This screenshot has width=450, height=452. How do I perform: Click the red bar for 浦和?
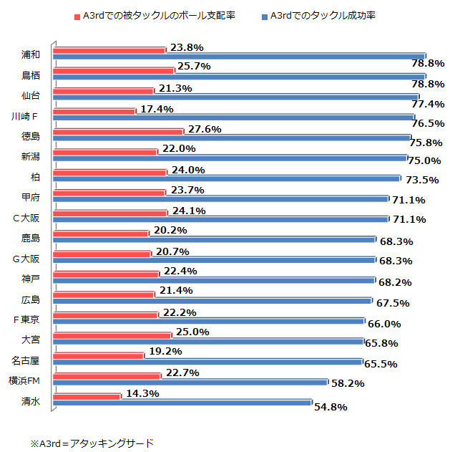click(109, 49)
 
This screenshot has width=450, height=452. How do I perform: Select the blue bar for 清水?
click(182, 403)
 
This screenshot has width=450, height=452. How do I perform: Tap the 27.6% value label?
click(203, 129)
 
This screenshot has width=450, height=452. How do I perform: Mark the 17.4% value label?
click(155, 109)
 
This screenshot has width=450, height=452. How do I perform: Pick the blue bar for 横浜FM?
click(190, 382)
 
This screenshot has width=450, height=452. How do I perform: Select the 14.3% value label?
click(140, 393)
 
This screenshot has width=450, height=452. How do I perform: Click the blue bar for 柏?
click(227, 178)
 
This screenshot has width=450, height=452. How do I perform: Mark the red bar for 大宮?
click(112, 335)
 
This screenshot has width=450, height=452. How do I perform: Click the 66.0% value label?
click(383, 323)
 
